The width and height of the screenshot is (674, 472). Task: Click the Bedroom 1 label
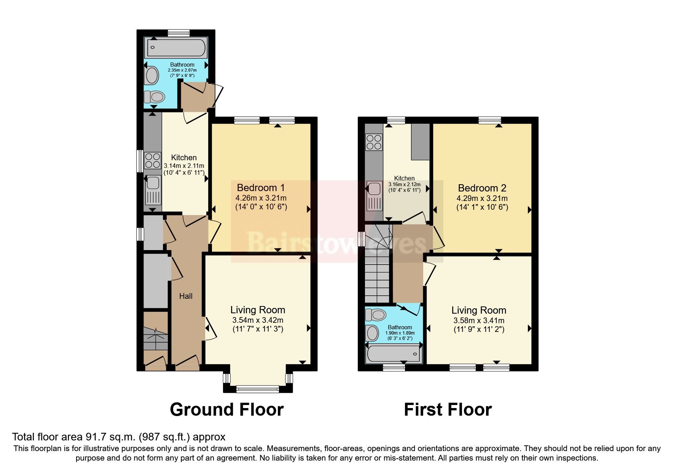pos(261,188)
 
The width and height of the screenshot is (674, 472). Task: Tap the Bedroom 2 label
pos(482,188)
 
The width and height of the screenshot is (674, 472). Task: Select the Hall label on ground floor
pos(186,296)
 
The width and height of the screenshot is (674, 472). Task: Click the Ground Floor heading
pos(226,410)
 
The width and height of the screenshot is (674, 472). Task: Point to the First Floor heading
pos(448,410)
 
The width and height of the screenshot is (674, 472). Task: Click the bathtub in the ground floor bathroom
pos(176,48)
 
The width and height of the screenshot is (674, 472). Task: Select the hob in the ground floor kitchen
pos(152,160)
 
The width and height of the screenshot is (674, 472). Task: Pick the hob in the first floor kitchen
pos(373,142)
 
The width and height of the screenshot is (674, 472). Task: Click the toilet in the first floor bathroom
pos(375,315)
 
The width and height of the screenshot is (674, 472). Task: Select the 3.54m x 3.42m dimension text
pos(258,320)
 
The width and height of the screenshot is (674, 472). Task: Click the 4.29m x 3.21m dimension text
pos(482,198)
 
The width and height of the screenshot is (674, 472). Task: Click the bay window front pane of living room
pos(257,389)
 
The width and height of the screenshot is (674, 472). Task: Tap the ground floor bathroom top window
pos(178,33)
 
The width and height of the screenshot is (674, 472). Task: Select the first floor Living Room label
pos(478,310)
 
